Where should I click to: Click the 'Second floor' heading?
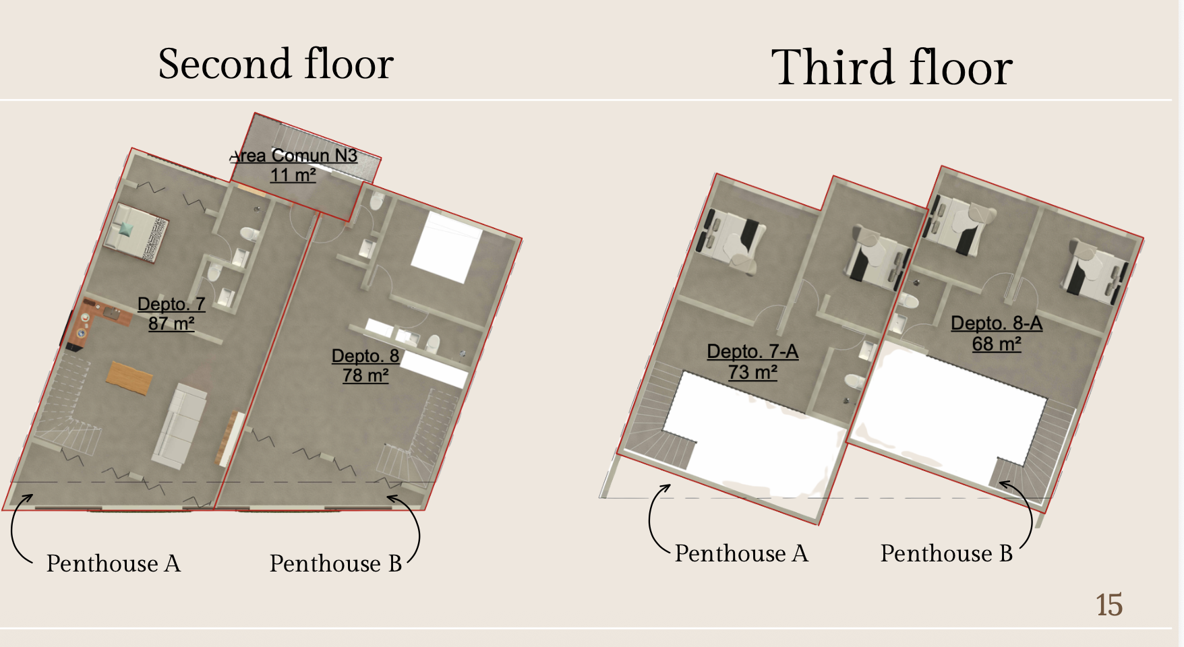coord(276,64)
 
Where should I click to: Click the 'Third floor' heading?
coord(891,67)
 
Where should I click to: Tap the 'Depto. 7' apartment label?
coord(171,304)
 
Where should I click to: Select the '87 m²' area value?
coord(171,323)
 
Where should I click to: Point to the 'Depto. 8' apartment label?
coord(365,356)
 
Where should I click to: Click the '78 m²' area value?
coord(365,375)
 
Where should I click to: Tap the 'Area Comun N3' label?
coord(293,156)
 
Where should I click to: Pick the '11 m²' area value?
coord(293,175)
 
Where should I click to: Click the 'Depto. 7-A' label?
coord(752,351)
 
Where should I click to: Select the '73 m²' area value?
coord(752,371)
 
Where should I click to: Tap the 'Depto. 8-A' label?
coord(997,323)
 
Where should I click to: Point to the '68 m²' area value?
coord(997,344)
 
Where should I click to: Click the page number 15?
coord(1109,605)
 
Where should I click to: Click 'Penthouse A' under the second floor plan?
coord(113,563)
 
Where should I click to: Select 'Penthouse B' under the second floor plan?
coord(336,563)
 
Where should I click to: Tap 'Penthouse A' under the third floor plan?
coord(742,553)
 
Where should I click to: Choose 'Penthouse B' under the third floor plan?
coord(947,553)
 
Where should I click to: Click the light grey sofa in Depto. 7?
coord(179,426)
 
